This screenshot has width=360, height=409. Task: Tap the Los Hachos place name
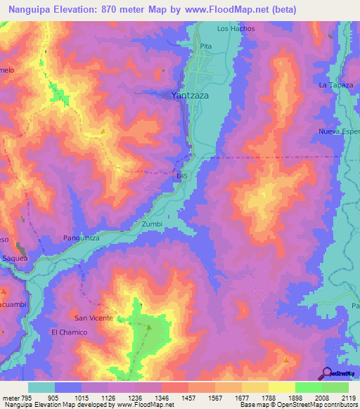point(236,29)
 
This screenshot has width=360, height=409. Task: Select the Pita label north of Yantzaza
point(205,46)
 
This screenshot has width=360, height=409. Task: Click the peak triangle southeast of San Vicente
point(149,327)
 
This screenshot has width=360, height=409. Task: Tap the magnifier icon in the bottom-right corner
point(327,372)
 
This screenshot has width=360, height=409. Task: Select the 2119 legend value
point(347,397)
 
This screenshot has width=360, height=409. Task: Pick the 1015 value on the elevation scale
point(82,397)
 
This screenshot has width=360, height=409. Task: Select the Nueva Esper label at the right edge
point(339,131)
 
